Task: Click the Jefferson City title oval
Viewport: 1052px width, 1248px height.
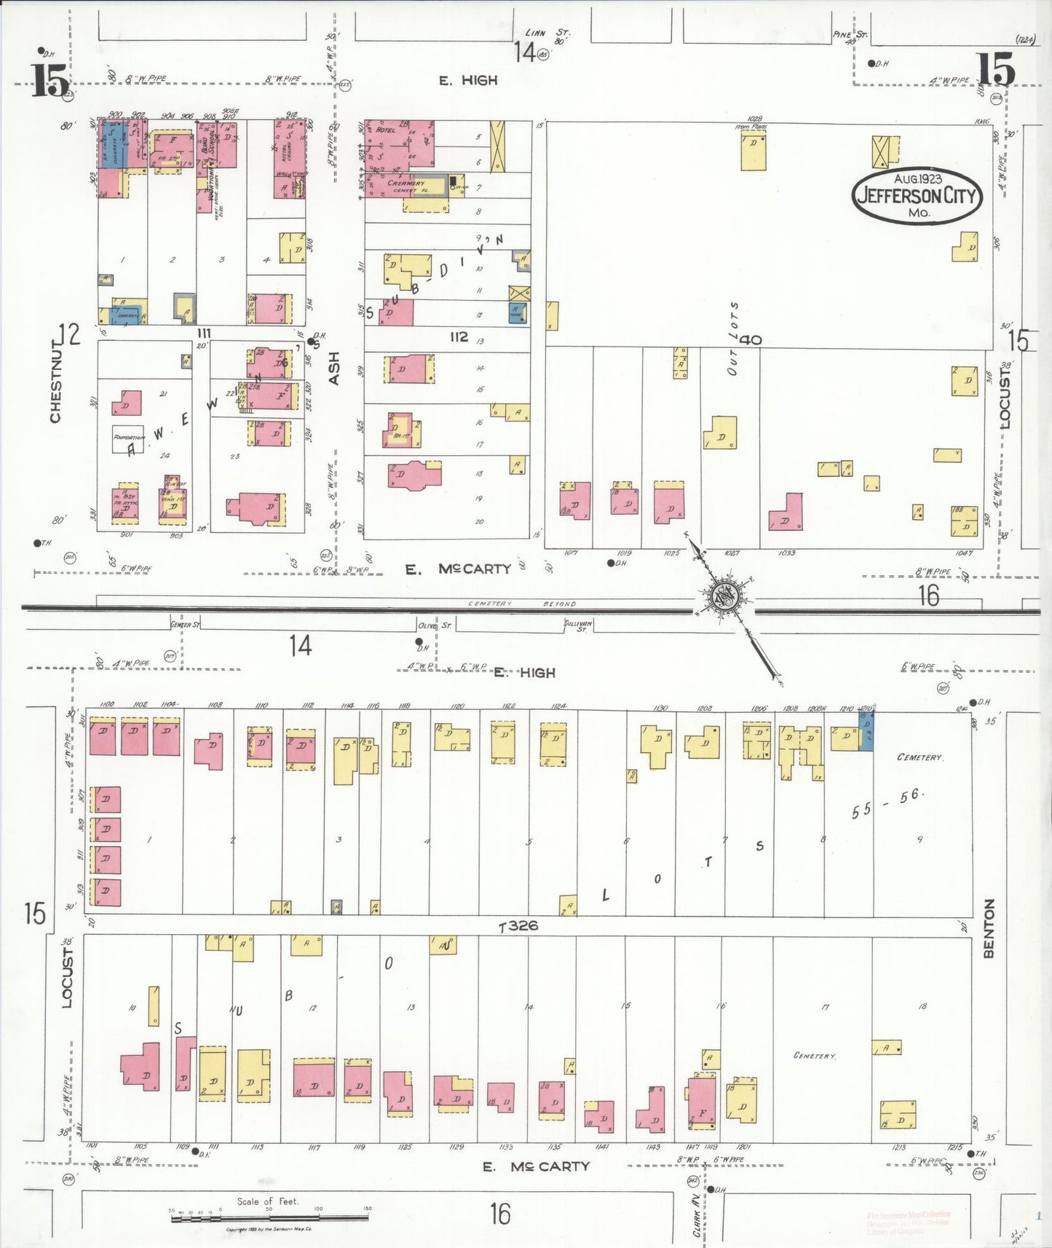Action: (x=917, y=195)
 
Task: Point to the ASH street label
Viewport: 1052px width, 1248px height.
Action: (x=333, y=368)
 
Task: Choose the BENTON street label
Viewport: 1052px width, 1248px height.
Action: (x=989, y=928)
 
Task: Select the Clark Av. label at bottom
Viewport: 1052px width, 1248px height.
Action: (x=697, y=1215)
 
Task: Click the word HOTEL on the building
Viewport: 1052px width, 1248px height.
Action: (x=386, y=130)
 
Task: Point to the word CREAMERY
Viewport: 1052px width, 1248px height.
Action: (x=406, y=183)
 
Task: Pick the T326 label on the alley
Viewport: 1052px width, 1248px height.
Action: (x=518, y=926)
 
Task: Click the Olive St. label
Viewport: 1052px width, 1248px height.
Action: (x=435, y=625)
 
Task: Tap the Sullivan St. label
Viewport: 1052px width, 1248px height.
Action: (x=578, y=625)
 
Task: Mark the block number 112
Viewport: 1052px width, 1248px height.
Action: (x=459, y=336)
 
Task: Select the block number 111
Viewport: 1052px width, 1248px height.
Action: (x=203, y=333)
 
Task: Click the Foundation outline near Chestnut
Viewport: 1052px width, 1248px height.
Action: (x=127, y=438)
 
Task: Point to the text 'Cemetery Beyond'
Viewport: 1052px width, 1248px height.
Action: (x=522, y=604)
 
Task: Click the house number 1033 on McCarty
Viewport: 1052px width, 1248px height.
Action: (x=787, y=553)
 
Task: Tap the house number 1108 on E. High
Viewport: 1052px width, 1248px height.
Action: (x=215, y=705)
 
